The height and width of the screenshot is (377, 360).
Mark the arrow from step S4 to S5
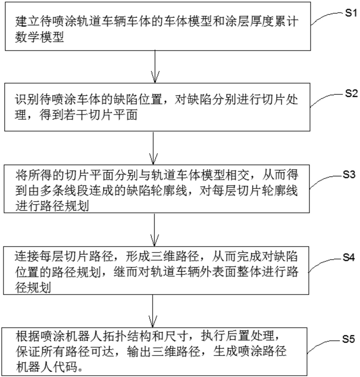pyautogui.click(x=153, y=311)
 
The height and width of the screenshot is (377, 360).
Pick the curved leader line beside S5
pyautogui.click(x=326, y=343)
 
